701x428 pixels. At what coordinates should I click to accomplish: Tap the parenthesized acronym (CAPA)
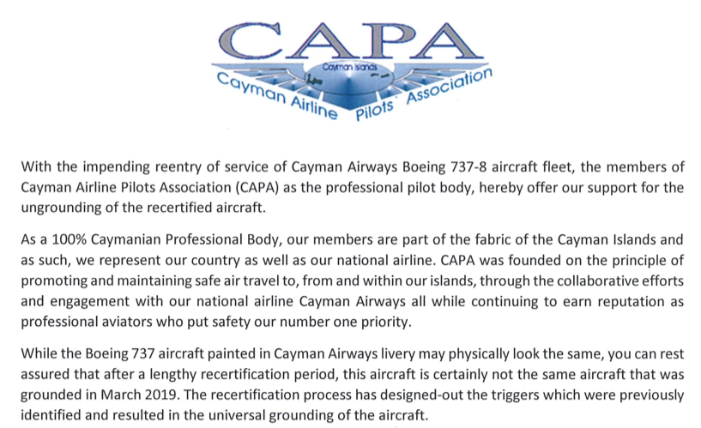click(x=261, y=185)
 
